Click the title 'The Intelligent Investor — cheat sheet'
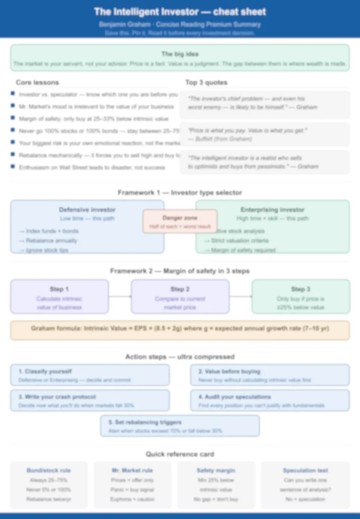click(x=180, y=12)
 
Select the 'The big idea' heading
click(x=180, y=54)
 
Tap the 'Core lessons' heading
click(x=37, y=83)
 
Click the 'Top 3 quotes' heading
click(x=206, y=83)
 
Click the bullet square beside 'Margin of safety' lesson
click(x=13, y=119)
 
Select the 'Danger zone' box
click(x=180, y=221)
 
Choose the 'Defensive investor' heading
click(x=87, y=209)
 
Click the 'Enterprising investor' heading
click(x=272, y=209)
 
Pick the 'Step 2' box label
click(x=180, y=289)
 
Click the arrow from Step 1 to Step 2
click(x=120, y=296)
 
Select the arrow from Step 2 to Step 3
click(x=240, y=296)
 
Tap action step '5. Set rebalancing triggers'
click(x=145, y=422)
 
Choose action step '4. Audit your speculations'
click(x=234, y=397)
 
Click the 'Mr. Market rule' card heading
click(x=132, y=470)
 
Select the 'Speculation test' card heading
click(x=305, y=470)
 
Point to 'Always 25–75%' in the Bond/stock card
click(x=49, y=480)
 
